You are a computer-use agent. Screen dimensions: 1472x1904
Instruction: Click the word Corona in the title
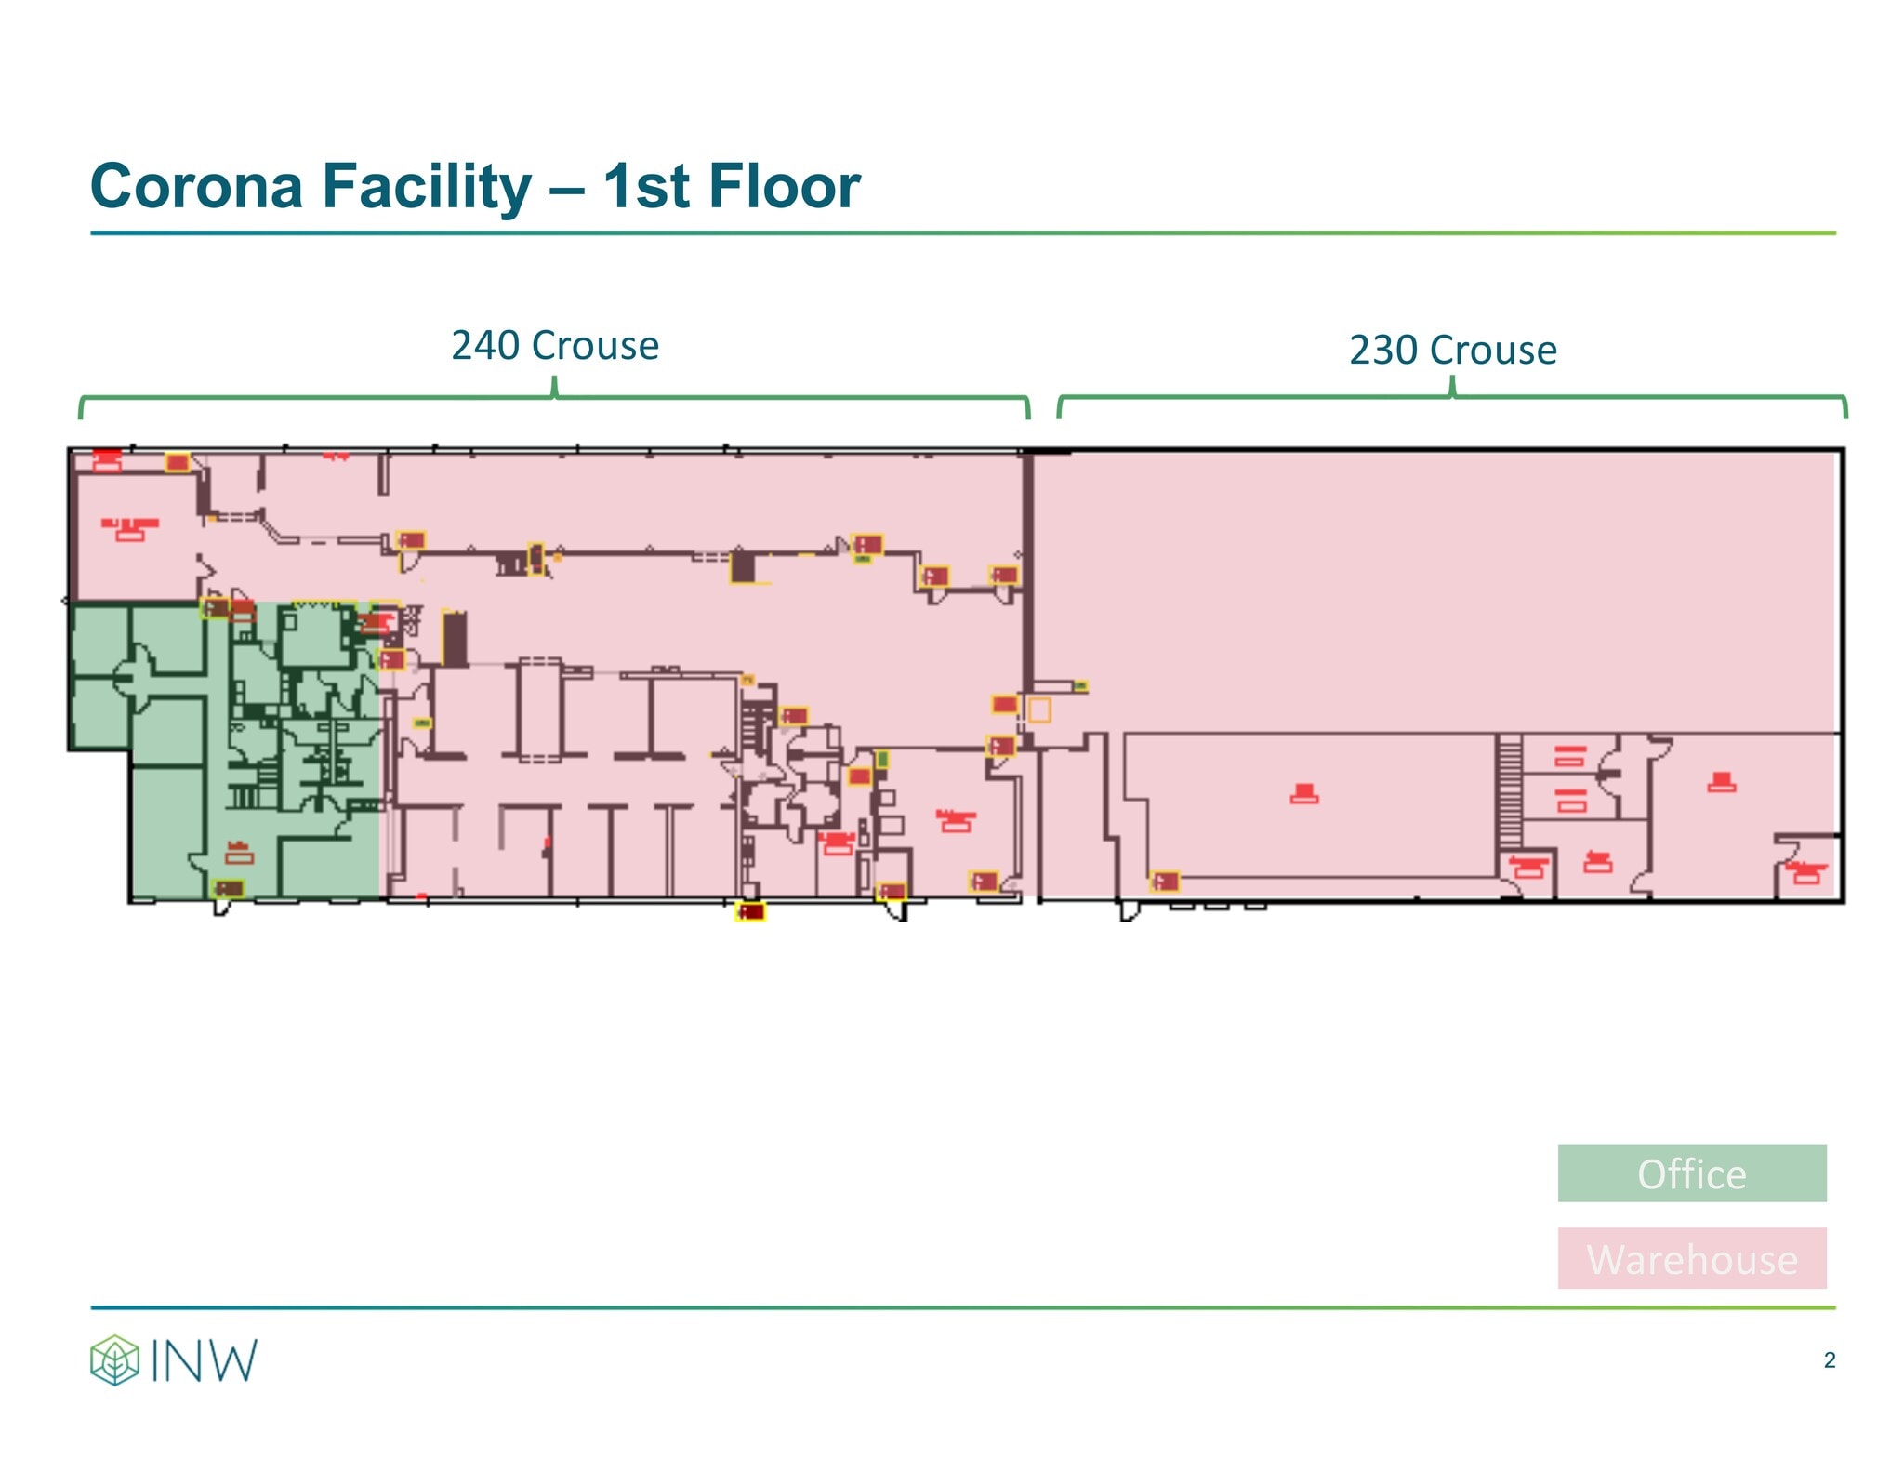(196, 186)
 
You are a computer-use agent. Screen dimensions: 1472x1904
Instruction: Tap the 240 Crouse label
(555, 346)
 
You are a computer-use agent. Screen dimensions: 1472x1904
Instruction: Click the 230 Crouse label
(1452, 351)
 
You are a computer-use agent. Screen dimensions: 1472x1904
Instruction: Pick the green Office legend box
(1691, 1174)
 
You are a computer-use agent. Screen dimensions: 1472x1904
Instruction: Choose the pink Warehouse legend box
(1691, 1258)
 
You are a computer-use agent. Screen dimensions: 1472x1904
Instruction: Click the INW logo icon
(114, 1359)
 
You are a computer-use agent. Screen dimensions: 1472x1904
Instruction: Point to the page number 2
(1829, 1360)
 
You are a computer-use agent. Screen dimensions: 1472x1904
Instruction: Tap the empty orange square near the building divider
(1038, 710)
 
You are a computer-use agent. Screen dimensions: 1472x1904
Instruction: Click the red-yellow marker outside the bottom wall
(749, 912)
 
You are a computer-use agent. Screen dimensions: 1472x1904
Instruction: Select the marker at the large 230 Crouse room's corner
(1164, 881)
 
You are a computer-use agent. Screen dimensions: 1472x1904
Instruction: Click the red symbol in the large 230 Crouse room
(1303, 793)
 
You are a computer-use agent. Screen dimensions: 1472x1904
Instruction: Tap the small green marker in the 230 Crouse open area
(1080, 687)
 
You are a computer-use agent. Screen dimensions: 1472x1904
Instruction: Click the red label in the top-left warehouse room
(129, 529)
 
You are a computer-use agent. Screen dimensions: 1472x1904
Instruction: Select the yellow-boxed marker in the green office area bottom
(229, 889)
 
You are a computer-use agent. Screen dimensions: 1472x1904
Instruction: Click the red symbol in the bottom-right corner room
(1805, 872)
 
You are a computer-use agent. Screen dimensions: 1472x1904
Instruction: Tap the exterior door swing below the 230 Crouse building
(1129, 910)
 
